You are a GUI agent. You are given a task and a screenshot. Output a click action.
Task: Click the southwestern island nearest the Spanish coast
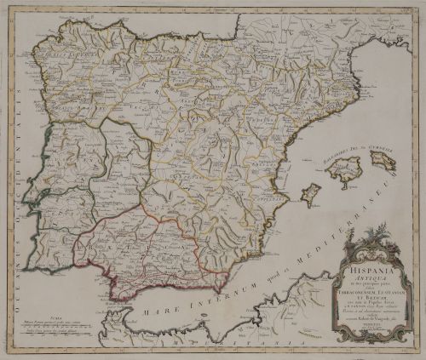312,195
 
